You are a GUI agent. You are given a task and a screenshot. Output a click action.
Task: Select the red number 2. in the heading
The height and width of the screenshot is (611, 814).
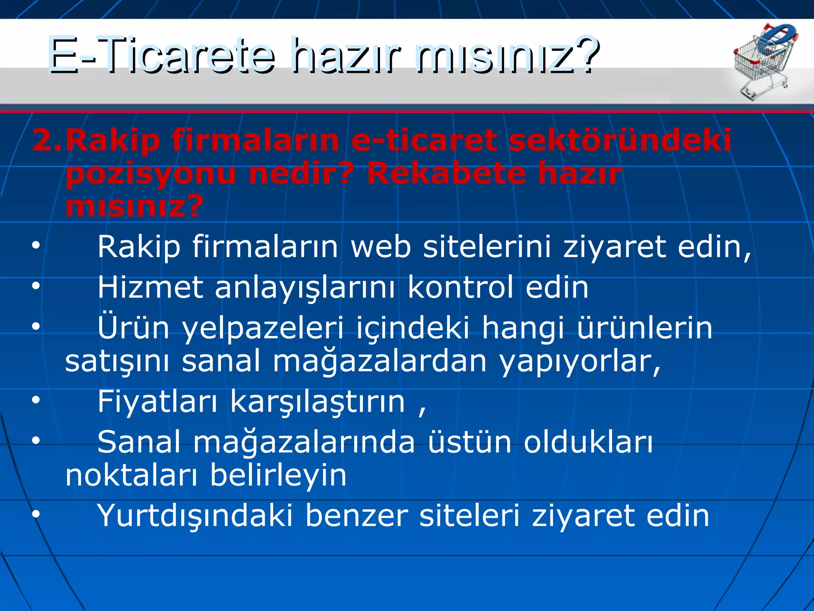pyautogui.click(x=47, y=140)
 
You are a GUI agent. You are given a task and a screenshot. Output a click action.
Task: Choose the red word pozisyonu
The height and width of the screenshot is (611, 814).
pyautogui.click(x=151, y=174)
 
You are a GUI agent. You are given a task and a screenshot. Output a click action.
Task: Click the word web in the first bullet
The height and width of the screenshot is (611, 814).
pyautogui.click(x=380, y=247)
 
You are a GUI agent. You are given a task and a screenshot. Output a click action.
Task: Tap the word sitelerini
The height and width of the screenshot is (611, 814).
pyautogui.click(x=487, y=247)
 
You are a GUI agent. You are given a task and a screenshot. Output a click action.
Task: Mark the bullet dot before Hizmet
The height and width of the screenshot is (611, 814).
pyautogui.click(x=36, y=286)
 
